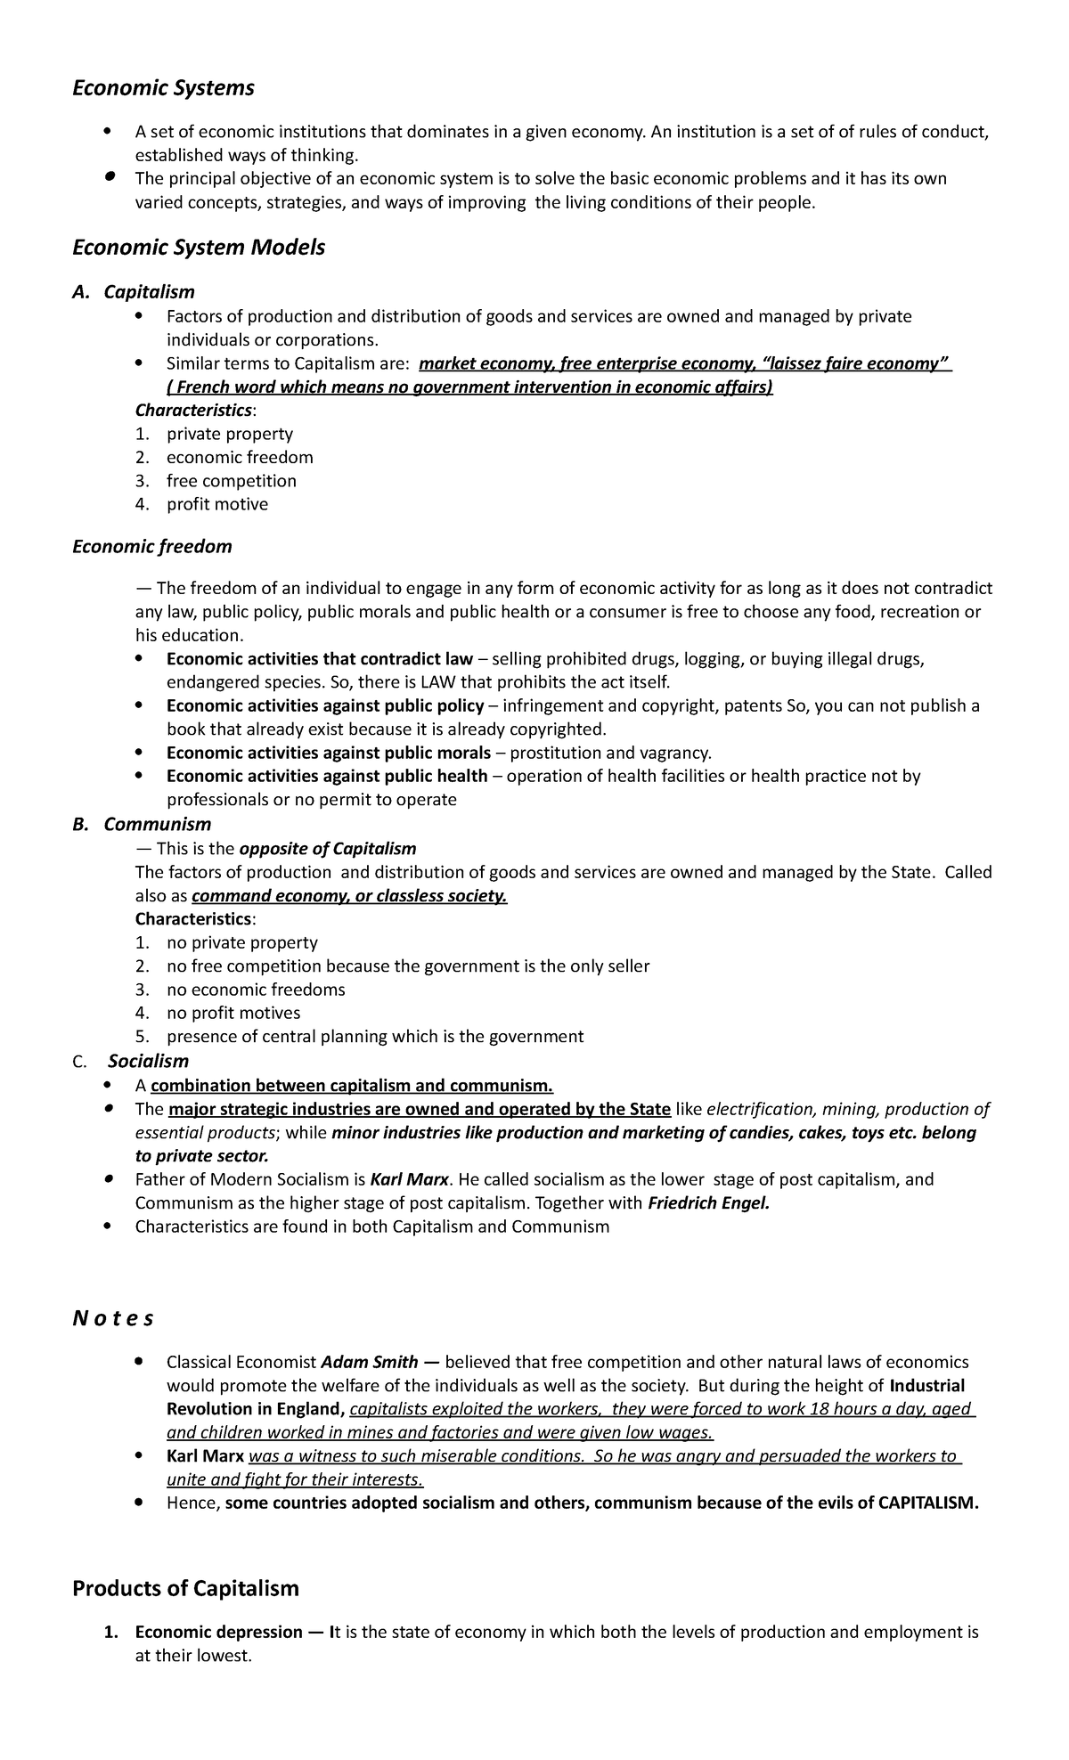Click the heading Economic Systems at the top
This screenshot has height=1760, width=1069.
tap(163, 88)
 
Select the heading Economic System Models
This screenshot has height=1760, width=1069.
tap(198, 248)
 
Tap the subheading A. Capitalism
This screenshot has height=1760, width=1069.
tap(134, 292)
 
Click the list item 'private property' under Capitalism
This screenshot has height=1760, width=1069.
tap(229, 434)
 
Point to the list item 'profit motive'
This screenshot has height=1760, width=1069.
tap(216, 504)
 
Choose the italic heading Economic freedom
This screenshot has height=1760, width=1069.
tap(151, 547)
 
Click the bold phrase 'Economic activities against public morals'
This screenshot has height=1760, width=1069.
tap(328, 753)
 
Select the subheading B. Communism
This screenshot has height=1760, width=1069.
tap(142, 825)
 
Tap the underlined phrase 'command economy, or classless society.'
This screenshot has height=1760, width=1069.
tap(349, 896)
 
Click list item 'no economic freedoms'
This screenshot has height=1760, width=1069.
tap(255, 990)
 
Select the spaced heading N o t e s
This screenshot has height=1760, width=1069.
tap(113, 1319)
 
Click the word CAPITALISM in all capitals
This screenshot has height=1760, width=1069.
tap(926, 1503)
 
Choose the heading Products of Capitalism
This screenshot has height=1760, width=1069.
tap(185, 1588)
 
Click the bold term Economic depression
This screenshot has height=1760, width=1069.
tap(218, 1633)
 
